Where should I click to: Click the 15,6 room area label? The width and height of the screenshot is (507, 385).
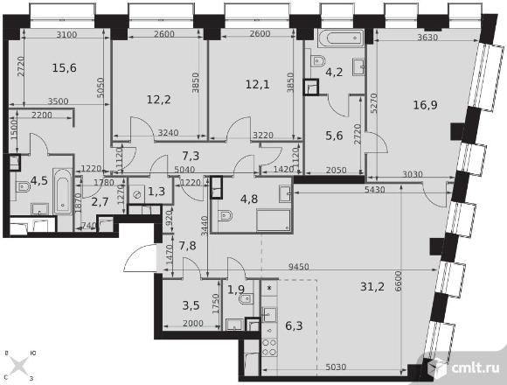65,68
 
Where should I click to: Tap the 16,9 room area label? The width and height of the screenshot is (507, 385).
425,105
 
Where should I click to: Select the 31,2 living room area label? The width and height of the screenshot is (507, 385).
372,286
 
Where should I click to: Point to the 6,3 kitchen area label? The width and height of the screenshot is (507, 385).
294,325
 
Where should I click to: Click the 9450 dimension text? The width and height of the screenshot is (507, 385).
298,267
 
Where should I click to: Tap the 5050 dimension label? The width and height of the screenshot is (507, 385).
101,87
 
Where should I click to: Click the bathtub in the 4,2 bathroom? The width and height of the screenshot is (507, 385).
342,38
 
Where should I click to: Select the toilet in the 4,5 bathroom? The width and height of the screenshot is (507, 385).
24,187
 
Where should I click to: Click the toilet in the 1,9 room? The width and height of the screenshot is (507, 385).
246,299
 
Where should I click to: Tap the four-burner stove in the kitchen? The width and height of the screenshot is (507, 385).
269,347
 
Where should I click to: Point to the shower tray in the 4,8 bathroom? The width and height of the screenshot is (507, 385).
274,220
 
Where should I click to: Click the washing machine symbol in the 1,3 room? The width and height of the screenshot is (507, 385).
137,194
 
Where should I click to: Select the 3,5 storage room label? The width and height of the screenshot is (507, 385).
191,305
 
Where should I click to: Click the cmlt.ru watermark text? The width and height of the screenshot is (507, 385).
475,367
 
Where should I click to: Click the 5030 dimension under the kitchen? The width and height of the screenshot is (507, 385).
336,367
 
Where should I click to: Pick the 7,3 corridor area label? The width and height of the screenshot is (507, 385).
191,156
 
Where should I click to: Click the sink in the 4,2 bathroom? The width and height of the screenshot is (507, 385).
358,66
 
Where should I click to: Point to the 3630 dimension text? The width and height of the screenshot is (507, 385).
427,38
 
